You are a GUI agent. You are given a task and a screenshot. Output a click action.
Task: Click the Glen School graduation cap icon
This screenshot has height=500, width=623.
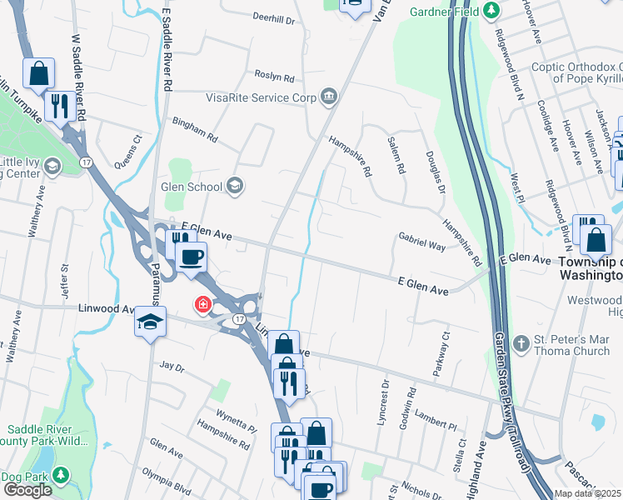pyautogui.click(x=236, y=186)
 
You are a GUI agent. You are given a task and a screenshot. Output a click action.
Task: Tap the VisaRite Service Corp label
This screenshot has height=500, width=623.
pyautogui.click(x=261, y=97)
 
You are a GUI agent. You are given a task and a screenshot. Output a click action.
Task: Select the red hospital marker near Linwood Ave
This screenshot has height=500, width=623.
pyautogui.click(x=202, y=306)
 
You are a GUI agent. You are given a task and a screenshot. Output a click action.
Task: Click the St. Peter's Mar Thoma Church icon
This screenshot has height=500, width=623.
pyautogui.click(x=521, y=343)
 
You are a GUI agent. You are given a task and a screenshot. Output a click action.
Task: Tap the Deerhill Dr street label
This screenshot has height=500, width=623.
pyautogui.click(x=274, y=17)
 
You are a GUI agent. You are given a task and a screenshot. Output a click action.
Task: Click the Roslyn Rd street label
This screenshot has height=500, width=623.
pyautogui.click(x=275, y=77)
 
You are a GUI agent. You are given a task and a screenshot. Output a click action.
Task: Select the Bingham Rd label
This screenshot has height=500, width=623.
pyautogui.click(x=194, y=127)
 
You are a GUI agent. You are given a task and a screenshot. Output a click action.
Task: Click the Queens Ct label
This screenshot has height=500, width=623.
pyautogui.click(x=128, y=147)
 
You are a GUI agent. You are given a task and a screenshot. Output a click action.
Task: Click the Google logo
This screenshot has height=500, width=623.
pyautogui.click(x=27, y=490)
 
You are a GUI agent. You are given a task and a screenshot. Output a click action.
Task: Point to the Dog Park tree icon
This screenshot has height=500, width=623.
pyautogui.click(x=60, y=474)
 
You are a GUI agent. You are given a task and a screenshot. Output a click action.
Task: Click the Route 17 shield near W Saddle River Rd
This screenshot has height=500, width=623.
pyautogui.click(x=86, y=160)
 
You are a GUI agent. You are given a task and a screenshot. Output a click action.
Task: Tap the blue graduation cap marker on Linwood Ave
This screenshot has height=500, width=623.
pyautogui.click(x=150, y=322)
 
